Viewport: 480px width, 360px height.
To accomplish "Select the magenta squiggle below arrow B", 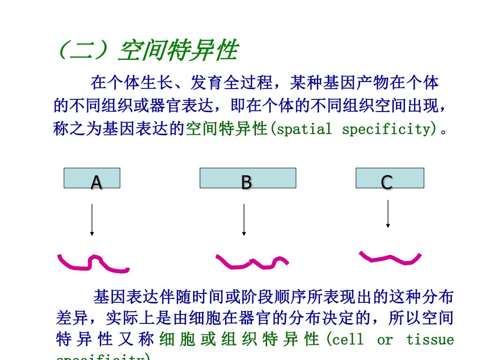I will coord(252,262).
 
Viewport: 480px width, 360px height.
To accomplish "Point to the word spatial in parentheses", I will coord(304,129).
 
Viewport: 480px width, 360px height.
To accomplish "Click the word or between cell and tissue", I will coord(384,339).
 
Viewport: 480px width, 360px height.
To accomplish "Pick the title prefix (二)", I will coord(84,51).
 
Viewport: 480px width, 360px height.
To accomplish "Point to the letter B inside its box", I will coord(246,182).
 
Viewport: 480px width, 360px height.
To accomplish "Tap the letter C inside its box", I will coord(387,182).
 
